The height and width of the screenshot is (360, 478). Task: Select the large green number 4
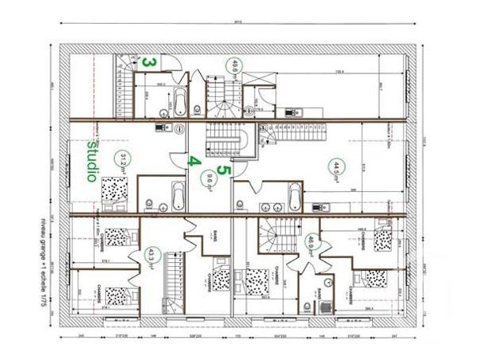[192, 160]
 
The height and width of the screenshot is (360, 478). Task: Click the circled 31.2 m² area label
[123, 162]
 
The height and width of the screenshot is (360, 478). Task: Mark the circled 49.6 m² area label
[235, 66]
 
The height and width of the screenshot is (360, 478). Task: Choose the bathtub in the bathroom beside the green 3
[179, 101]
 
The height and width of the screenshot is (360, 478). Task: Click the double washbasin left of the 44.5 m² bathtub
[268, 193]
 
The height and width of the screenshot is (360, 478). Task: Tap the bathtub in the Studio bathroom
[178, 195]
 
